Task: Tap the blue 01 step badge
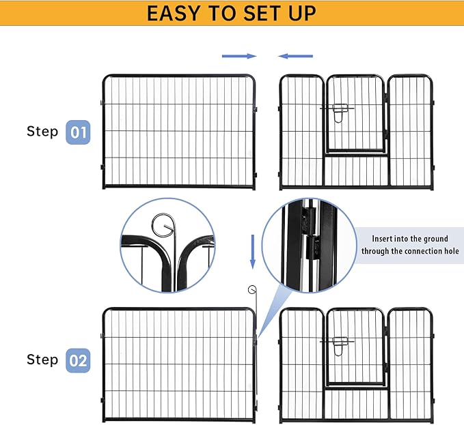(x=79, y=132)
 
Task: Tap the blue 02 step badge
(x=79, y=360)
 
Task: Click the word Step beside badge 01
(x=42, y=131)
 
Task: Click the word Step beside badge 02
(x=42, y=360)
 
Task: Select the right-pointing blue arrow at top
(x=238, y=56)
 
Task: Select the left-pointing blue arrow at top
(x=295, y=56)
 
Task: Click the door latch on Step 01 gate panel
(x=340, y=111)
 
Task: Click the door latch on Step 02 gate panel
(x=340, y=343)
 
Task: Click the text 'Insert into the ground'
(x=410, y=239)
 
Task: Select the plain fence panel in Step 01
(x=179, y=132)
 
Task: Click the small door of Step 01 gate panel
(x=354, y=114)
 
